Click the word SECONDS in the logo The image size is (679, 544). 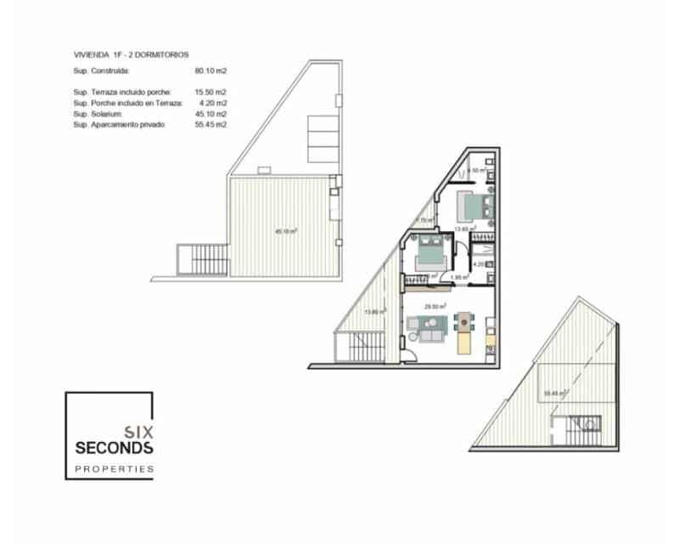pos(113,447)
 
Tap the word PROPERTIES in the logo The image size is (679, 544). pos(113,468)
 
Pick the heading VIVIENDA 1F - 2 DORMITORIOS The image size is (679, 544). pos(131,54)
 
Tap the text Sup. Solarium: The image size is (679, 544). pos(98,113)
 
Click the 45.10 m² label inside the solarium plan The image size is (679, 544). pos(285,230)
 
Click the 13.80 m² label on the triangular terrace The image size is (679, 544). pos(373,312)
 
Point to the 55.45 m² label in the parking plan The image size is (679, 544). pos(554,394)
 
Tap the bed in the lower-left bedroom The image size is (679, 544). pos(427,252)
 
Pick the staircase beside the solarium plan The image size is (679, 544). pos(202,257)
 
